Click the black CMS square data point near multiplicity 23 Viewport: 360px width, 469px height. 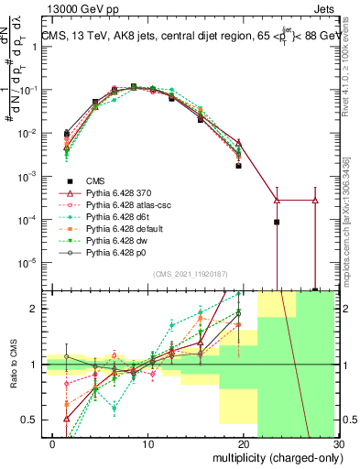click(277, 222)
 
